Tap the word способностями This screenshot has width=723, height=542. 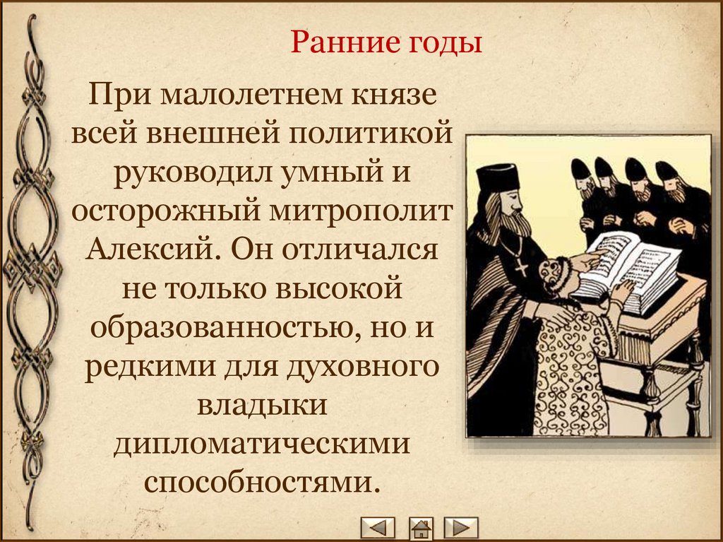(262, 483)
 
